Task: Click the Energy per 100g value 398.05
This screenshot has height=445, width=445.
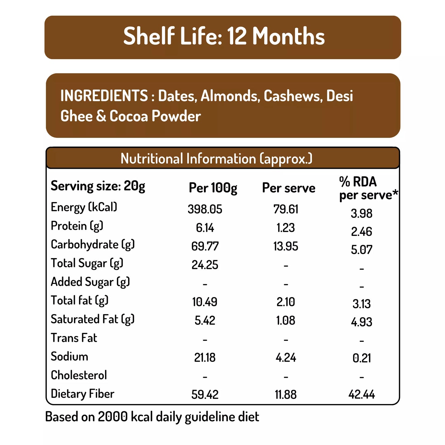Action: point(205,209)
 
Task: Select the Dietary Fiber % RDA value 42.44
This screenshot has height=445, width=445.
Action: point(362,394)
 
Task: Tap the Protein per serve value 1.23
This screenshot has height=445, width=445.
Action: point(285,228)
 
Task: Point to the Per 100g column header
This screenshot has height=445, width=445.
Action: point(213,188)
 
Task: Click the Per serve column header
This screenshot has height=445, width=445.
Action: point(289,188)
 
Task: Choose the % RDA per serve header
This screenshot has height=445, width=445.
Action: point(368,188)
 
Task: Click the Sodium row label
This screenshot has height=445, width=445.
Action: point(69,356)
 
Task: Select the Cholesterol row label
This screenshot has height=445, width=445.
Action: point(79,375)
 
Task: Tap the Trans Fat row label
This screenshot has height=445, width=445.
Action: point(74,338)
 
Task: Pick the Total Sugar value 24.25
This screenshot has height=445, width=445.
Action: point(205,265)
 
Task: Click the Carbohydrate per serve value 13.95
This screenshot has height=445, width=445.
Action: point(285,246)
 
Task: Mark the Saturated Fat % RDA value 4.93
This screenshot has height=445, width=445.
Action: point(362,322)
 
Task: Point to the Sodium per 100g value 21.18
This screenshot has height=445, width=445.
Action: point(205,358)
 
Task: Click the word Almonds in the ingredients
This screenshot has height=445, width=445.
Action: point(229,96)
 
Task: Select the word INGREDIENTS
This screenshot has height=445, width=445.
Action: point(104,96)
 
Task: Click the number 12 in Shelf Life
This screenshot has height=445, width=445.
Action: point(237,36)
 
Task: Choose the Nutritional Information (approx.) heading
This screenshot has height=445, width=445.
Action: point(216,159)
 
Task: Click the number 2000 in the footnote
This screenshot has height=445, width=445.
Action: point(113,417)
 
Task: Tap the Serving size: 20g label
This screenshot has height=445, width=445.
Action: point(98,186)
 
